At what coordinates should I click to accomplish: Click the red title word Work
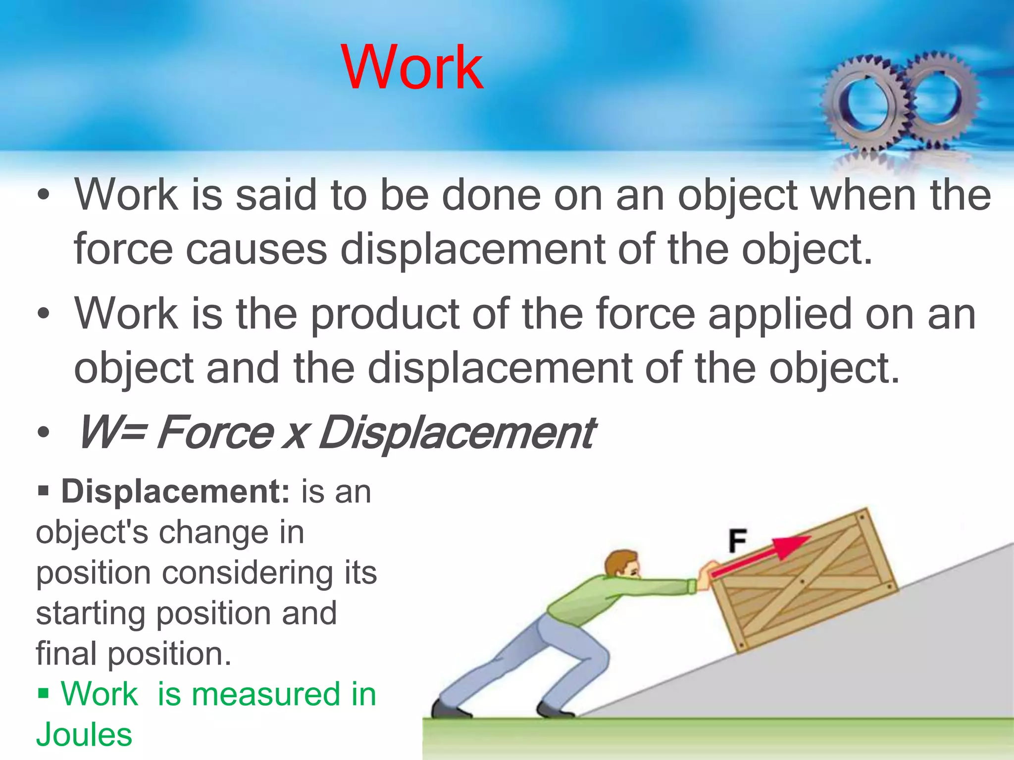point(412,67)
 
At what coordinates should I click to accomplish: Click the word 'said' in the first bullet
point(275,194)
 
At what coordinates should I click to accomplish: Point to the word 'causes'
point(256,248)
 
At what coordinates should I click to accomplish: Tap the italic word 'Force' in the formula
point(214,432)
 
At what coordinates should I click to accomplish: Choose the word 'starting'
point(90,613)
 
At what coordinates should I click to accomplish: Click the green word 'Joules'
point(84,734)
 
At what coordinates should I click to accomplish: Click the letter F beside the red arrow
point(737,541)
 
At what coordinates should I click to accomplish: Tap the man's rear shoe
point(448,709)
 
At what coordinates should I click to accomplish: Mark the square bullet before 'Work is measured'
point(44,693)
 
